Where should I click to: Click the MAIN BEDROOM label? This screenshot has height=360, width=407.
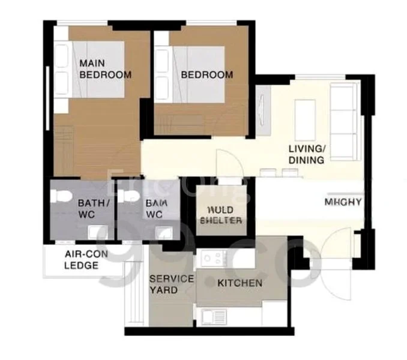[x=105, y=69]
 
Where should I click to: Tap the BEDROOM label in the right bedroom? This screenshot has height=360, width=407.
[x=207, y=75]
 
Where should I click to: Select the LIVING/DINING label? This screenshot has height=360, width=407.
[x=306, y=154]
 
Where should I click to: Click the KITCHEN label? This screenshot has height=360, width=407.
[x=240, y=283]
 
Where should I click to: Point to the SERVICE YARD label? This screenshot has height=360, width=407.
[x=171, y=284]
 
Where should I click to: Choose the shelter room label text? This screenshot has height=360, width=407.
[x=225, y=215]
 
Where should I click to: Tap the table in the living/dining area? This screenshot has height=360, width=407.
[x=304, y=118]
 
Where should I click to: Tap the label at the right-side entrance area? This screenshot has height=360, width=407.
[x=343, y=202]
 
